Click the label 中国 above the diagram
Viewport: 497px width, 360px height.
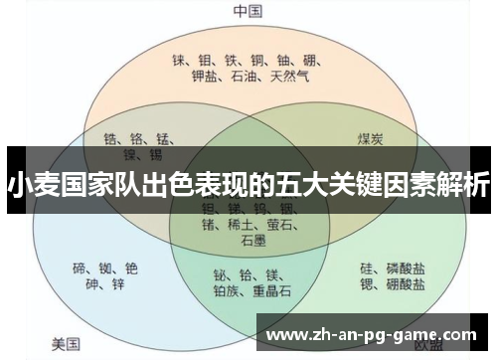point(248,11)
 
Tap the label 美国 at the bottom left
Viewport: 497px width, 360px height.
point(67,344)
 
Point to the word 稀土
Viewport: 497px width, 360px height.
point(247,225)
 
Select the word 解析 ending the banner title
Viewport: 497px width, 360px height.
point(467,184)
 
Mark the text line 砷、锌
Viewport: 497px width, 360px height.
point(105,286)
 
